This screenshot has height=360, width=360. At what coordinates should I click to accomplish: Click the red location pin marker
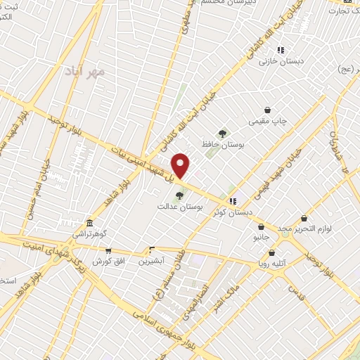pyautogui.click(x=181, y=165)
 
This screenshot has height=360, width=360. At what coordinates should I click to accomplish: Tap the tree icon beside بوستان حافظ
pyautogui.click(x=222, y=133)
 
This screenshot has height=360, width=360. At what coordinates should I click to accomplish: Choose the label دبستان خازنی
pyautogui.click(x=279, y=62)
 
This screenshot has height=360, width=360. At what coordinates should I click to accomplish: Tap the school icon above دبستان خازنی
pyautogui.click(x=281, y=50)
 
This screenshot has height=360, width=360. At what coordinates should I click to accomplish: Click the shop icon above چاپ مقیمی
pyautogui.click(x=268, y=110)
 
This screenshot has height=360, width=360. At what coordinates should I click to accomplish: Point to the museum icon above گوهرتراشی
pyautogui.click(x=89, y=221)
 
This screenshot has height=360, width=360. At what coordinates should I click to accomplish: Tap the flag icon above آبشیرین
pyautogui.click(x=152, y=249)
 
